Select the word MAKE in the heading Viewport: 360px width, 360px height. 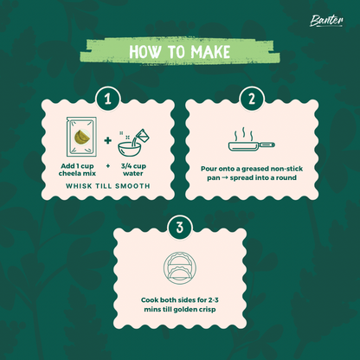click(x=209, y=51)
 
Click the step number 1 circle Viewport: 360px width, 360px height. click(x=107, y=100)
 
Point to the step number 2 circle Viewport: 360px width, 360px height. click(x=251, y=100)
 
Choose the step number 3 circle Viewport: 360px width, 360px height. click(x=179, y=229)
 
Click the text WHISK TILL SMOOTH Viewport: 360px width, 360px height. click(x=107, y=186)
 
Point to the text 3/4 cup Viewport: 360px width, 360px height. click(x=133, y=164)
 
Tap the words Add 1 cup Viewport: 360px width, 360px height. click(x=80, y=164)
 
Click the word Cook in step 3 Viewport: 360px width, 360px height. click(x=152, y=299)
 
